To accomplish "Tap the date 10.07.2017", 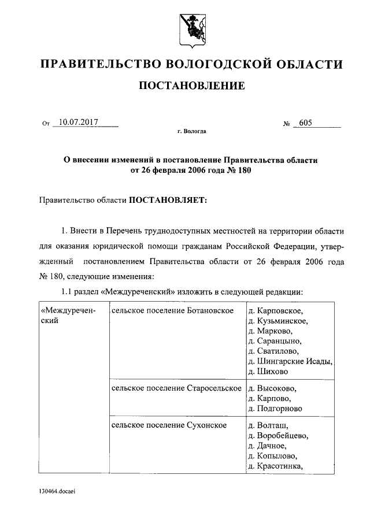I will pyautogui.click(x=75, y=122).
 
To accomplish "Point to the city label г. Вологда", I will pyautogui.click(x=191, y=131).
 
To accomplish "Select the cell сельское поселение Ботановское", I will pyautogui.click(x=172, y=311).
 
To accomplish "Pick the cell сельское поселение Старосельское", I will pyautogui.click(x=176, y=388).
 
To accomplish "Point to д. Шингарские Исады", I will pyautogui.click(x=290, y=361).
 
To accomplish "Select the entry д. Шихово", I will pyautogui.click(x=267, y=372).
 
